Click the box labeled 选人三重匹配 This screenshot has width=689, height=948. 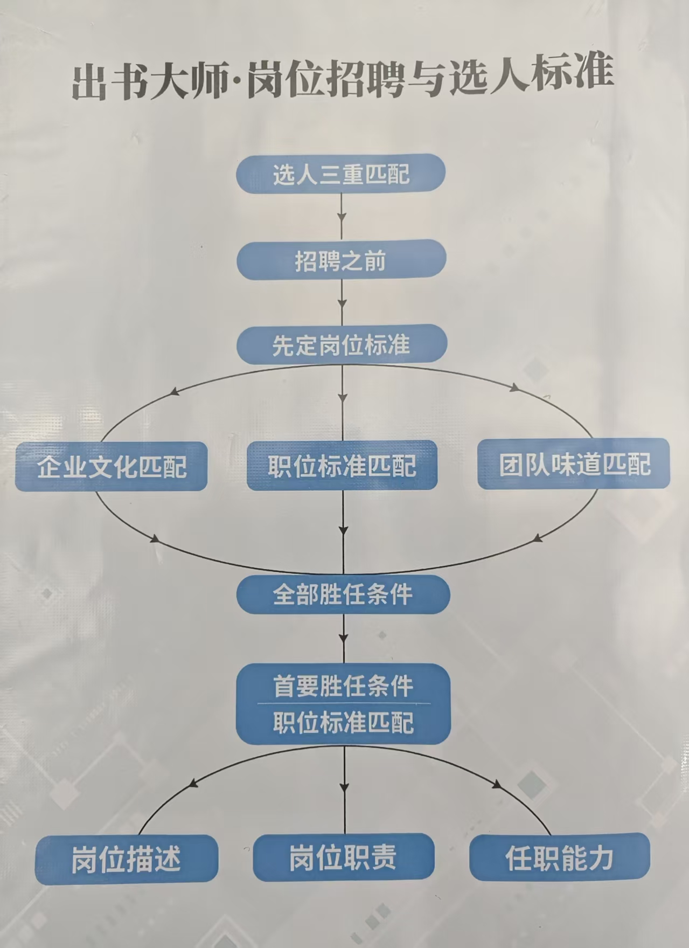pos(341,174)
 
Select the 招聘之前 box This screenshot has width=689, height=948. pos(342,260)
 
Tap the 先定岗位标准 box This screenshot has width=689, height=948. pos(342,344)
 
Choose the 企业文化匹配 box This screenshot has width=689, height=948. pos(111,466)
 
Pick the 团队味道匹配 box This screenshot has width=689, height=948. pos(574,464)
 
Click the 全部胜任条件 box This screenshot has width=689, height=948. pos(343,594)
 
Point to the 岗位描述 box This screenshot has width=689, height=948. pos(127,859)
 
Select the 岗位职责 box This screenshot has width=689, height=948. pos(344,857)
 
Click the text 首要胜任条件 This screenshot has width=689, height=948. pos(343,687)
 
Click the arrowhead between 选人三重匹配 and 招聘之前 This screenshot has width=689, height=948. pos(341,219)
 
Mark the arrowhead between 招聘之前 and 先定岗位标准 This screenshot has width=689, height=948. pos(342,305)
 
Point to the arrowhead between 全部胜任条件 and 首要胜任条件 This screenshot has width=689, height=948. pos(344,639)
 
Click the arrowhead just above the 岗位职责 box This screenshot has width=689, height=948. pos(344,787)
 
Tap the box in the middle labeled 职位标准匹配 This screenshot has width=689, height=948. pos(342,465)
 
